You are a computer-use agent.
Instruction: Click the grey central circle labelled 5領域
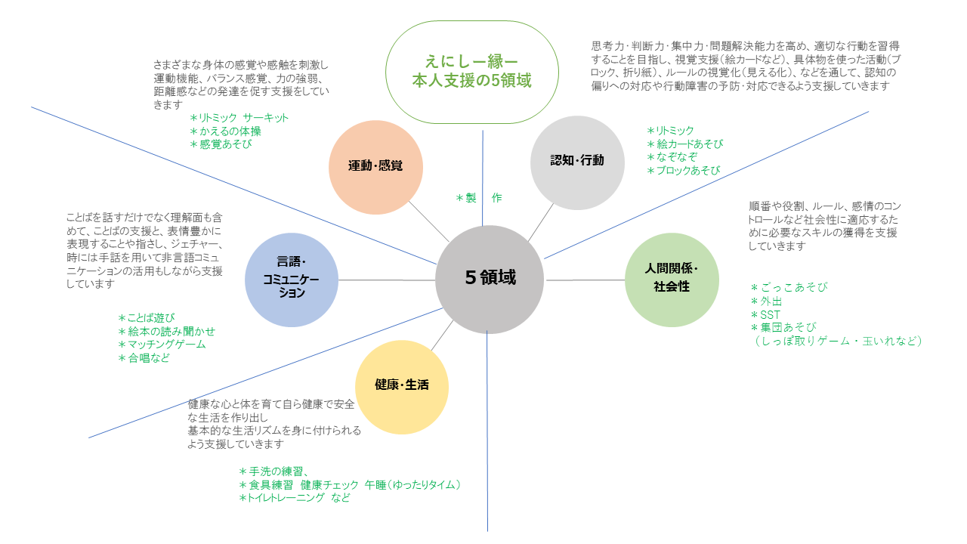pyautogui.click(x=490, y=279)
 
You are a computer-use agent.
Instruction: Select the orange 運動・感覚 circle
pyautogui.click(x=375, y=167)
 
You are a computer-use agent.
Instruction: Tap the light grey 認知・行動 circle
pyautogui.click(x=577, y=162)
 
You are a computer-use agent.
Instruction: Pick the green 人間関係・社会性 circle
pyautogui.click(x=672, y=280)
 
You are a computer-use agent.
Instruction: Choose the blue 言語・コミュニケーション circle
pyautogui.click(x=292, y=280)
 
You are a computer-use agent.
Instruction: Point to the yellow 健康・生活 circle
pyautogui.click(x=402, y=386)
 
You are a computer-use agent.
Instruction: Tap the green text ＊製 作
pyautogui.click(x=478, y=198)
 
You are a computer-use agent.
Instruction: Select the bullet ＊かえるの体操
pyautogui.click(x=225, y=131)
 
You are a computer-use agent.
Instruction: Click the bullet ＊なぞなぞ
pyautogui.click(x=672, y=157)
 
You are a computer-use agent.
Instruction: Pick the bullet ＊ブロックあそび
pyautogui.click(x=683, y=171)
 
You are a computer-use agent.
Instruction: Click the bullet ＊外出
pyautogui.click(x=768, y=301)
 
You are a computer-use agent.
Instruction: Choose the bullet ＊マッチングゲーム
pyautogui.click(x=162, y=345)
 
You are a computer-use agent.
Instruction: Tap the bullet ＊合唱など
pyautogui.click(x=144, y=358)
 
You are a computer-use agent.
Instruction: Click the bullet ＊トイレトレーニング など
pyautogui.click(x=294, y=498)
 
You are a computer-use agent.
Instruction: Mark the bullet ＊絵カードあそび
pyautogui.click(x=685, y=144)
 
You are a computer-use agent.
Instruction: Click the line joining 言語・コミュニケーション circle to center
pyautogui.click(x=387, y=280)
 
